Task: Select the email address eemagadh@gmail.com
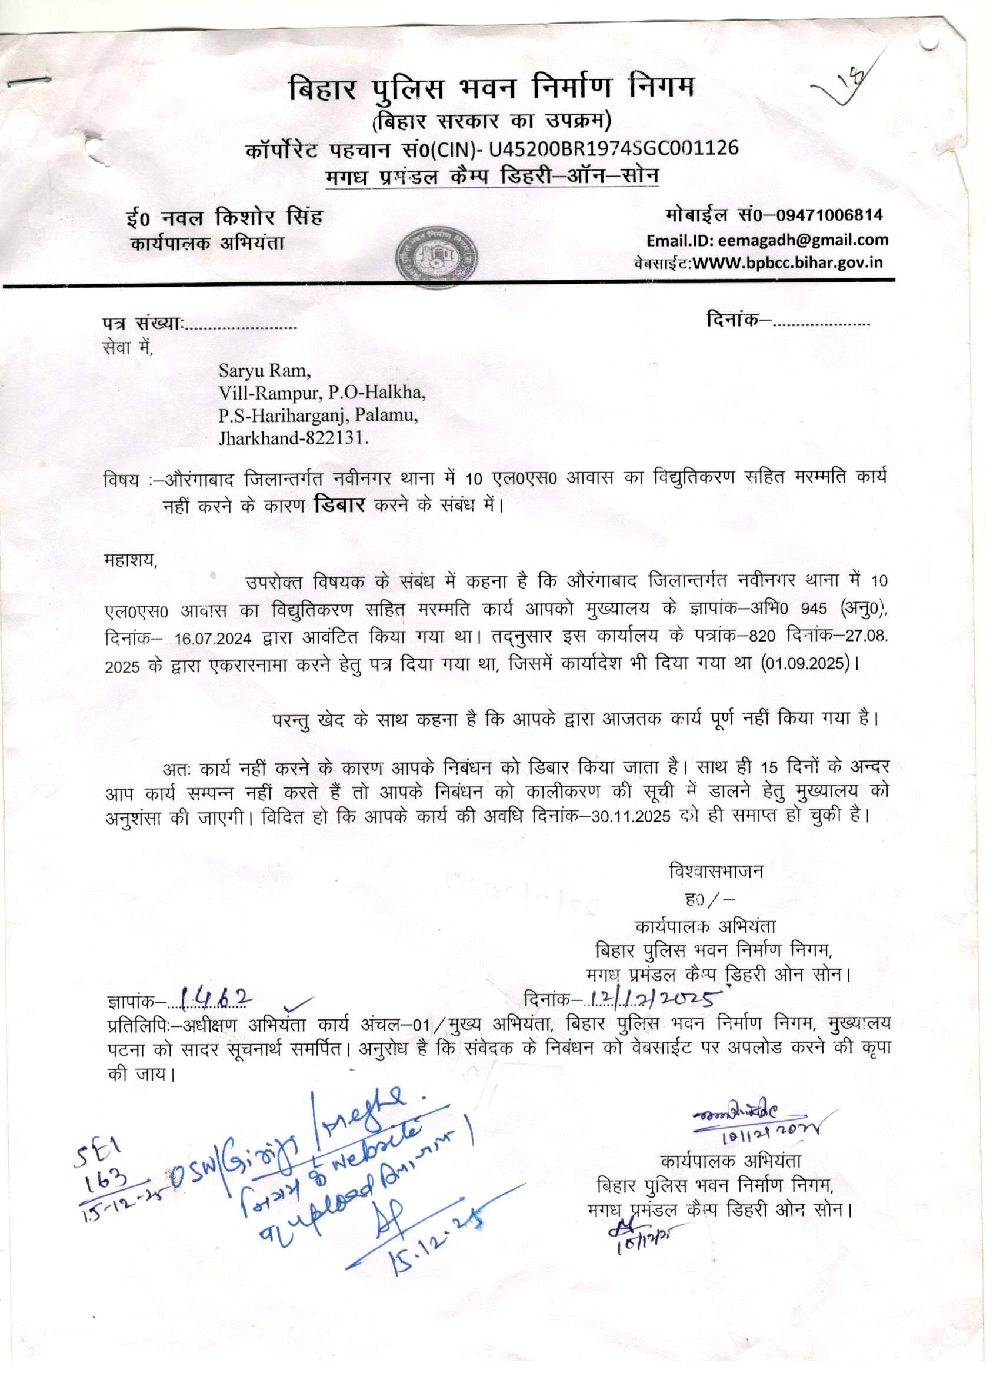click(803, 240)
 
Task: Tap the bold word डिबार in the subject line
click(339, 505)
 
